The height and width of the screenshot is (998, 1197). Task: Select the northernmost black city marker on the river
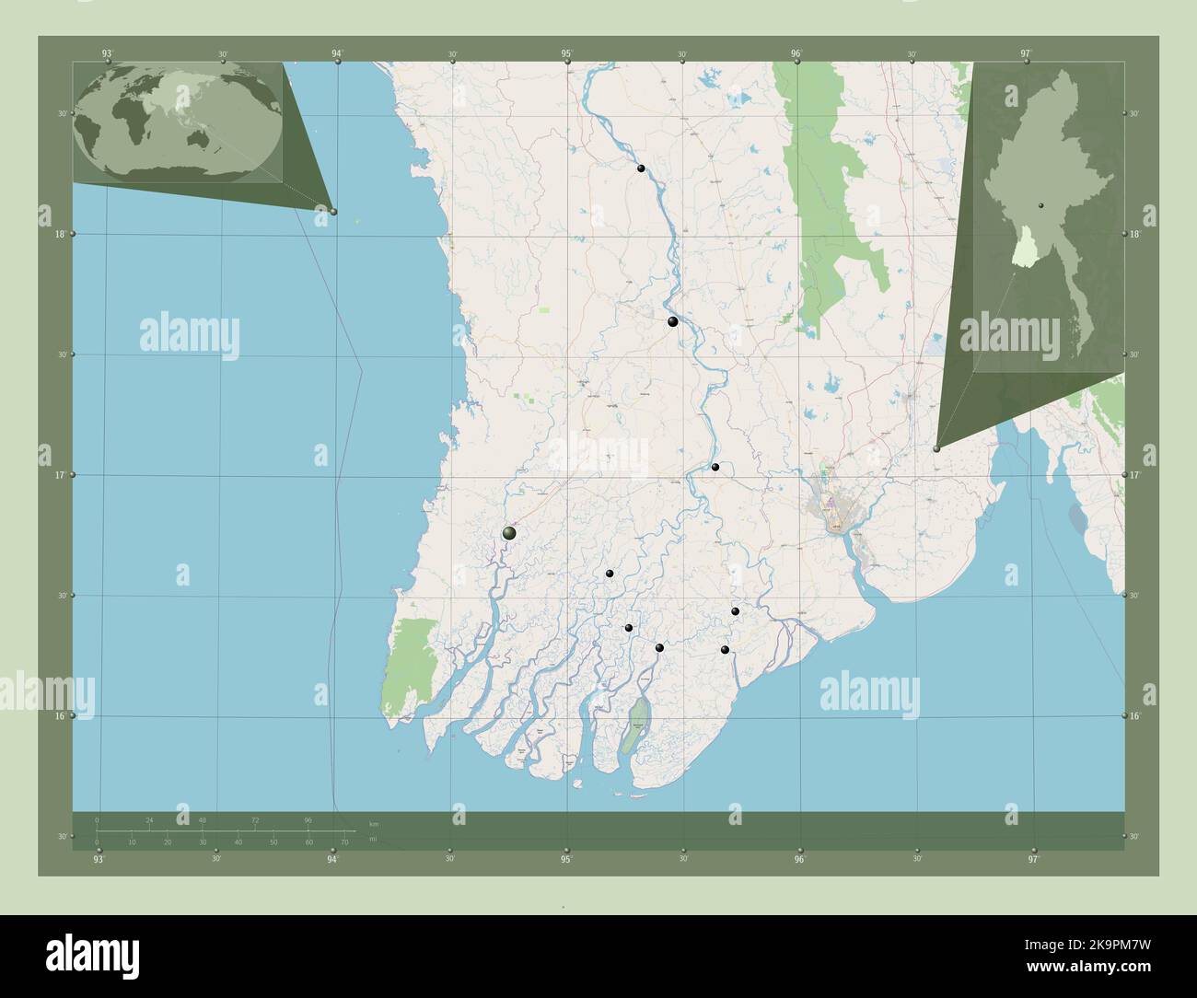pyautogui.click(x=640, y=168)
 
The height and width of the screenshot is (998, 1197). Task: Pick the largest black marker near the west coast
pyautogui.click(x=509, y=533)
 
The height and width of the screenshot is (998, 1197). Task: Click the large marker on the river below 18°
pyautogui.click(x=673, y=321)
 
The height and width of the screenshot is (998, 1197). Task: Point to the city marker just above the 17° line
pyautogui.click(x=715, y=467)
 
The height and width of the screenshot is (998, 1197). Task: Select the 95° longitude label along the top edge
pyautogui.click(x=567, y=53)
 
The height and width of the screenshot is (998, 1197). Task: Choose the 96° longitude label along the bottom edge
pyautogui.click(x=799, y=859)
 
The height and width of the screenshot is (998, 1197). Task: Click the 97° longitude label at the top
pyautogui.click(x=1026, y=53)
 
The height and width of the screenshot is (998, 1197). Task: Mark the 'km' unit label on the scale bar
pyautogui.click(x=373, y=824)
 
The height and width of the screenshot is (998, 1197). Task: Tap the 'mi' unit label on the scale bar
pyautogui.click(x=373, y=840)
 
